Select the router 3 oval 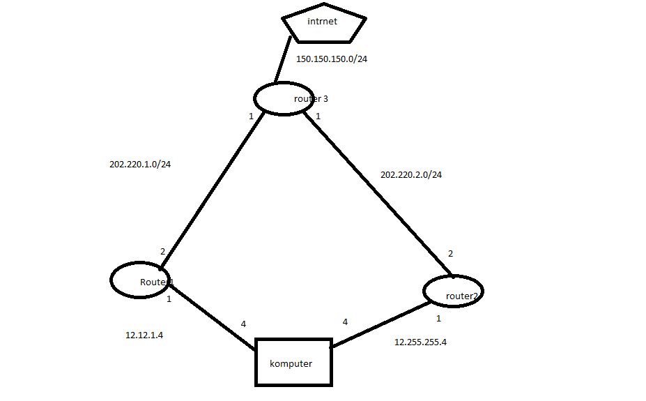point(282,98)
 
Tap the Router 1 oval point(141,280)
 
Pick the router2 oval point(453,292)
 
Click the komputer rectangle point(293,362)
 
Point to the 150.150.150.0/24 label point(332,59)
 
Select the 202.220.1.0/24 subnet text point(140,165)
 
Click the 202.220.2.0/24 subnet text point(411,174)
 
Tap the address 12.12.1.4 point(144,335)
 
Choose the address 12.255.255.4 point(420,342)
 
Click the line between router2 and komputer point(376,324)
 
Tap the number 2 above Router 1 point(162,252)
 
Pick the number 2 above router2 point(450,254)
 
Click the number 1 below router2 point(438,319)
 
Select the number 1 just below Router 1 point(169,298)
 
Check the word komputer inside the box point(291,363)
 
